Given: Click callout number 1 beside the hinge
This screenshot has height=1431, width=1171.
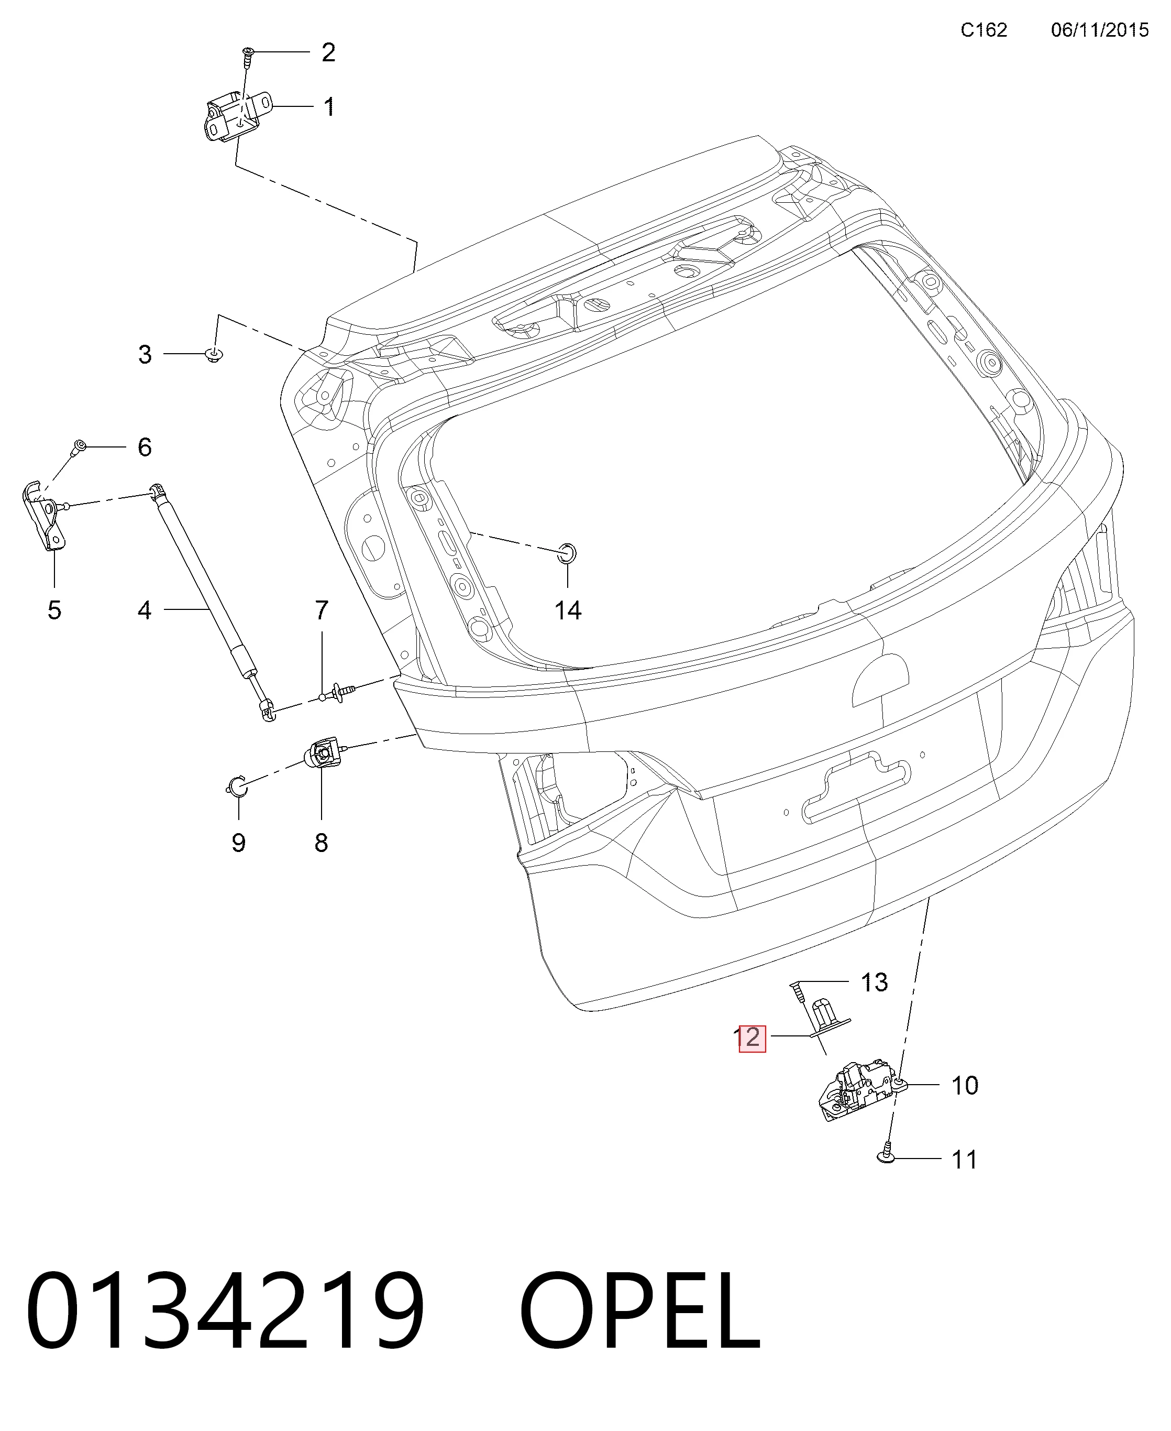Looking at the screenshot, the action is coord(329,107).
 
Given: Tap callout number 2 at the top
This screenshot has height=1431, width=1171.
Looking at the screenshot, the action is coord(328,52).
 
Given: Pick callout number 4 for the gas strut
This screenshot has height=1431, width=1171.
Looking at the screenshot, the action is coord(145,610).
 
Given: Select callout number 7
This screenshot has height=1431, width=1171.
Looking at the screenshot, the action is coord(322,610).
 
